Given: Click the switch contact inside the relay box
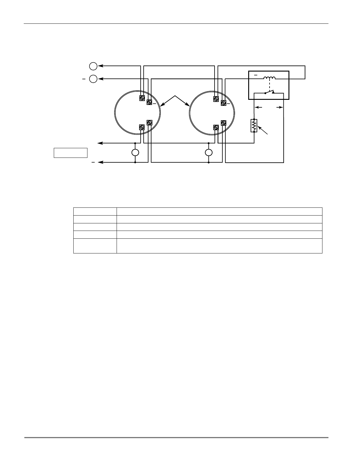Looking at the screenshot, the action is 269,92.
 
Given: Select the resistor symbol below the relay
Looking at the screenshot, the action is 254,126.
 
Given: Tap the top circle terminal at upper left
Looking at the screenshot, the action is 93,66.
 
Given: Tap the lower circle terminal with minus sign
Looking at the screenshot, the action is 93,79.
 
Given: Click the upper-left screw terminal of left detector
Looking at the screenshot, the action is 142,98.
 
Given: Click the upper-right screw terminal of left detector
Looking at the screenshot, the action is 149,103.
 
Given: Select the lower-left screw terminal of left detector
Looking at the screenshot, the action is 142,127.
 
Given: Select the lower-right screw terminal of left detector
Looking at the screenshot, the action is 149,123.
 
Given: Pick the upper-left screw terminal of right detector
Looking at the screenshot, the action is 216,98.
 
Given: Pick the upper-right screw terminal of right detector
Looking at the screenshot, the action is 223,103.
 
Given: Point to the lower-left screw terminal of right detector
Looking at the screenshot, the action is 216,127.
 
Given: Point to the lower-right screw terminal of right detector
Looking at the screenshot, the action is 223,123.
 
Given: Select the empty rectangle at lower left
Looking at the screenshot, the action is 70,153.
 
